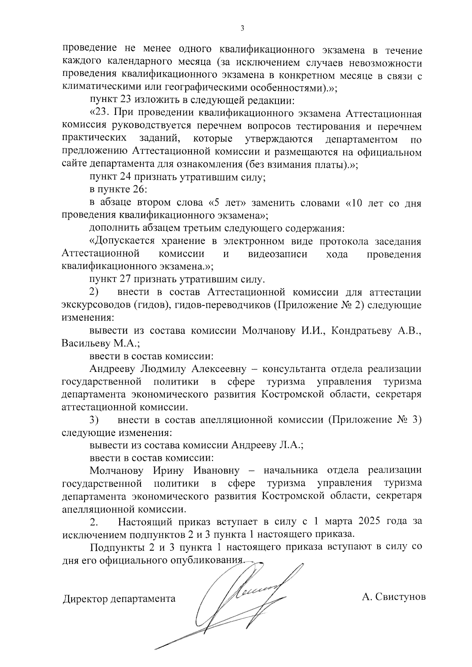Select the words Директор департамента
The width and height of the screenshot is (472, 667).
[119, 599]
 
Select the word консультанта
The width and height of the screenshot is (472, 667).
[294, 369]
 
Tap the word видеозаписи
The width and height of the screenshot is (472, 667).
[278, 254]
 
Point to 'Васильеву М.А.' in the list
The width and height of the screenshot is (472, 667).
[101, 344]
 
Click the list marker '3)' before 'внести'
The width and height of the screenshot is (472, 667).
[94, 420]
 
